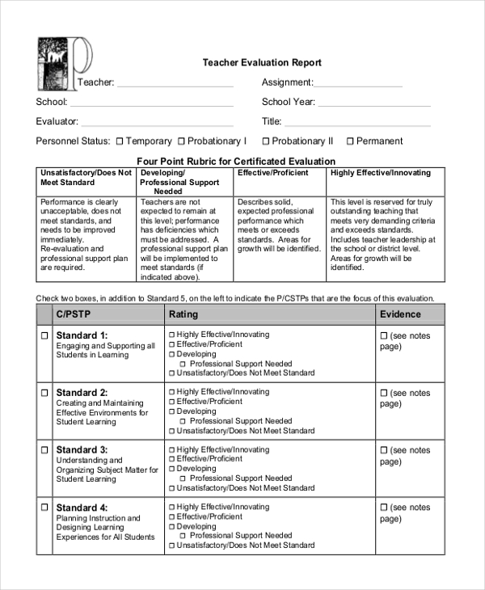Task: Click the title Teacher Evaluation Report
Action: (x=261, y=63)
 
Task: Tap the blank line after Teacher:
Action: (x=175, y=83)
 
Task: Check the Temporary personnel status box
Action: (x=119, y=141)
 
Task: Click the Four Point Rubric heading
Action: (x=235, y=161)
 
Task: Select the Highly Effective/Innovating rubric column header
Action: (x=381, y=173)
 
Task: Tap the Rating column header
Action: (x=183, y=314)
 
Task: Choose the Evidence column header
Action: (x=400, y=314)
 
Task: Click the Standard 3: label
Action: (x=82, y=449)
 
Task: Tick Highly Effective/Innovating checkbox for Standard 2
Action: (x=171, y=392)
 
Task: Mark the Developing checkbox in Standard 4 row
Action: (x=171, y=526)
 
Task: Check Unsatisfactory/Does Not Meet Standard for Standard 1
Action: (x=171, y=373)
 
